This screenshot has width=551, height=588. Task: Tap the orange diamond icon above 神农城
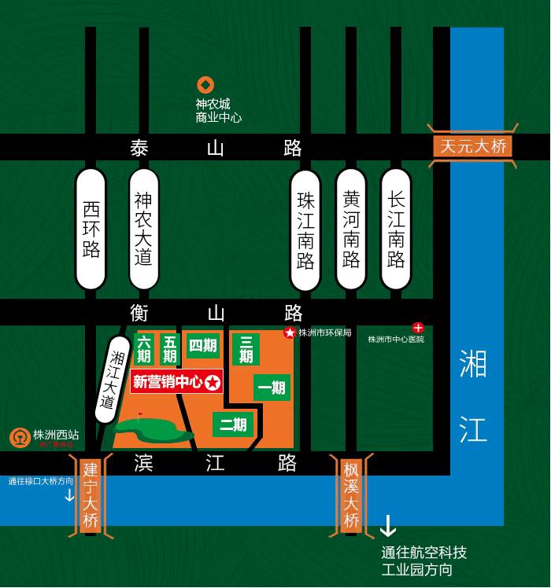[x=205, y=85]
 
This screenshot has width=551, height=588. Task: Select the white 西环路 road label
[x=91, y=229]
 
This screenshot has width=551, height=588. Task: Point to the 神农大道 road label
[x=142, y=229]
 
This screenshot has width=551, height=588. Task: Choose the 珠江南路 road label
[x=306, y=229]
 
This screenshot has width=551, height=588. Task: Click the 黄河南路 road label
[x=351, y=229]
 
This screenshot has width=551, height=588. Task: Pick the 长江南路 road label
[x=396, y=229]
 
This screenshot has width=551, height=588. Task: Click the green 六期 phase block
[x=145, y=350]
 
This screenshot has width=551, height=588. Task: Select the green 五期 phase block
[x=169, y=350]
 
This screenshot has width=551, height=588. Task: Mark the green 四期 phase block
[x=202, y=346]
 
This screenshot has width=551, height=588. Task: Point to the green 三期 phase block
[x=246, y=349]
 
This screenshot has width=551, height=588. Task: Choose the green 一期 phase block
[x=272, y=388]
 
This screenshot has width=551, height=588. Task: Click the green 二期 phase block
[x=233, y=425]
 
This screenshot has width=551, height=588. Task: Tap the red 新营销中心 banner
[x=177, y=383]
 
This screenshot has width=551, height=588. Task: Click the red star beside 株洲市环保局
[x=289, y=333]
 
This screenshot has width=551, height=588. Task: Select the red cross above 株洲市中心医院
[x=418, y=327]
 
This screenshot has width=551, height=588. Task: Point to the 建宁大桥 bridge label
[x=91, y=497]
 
